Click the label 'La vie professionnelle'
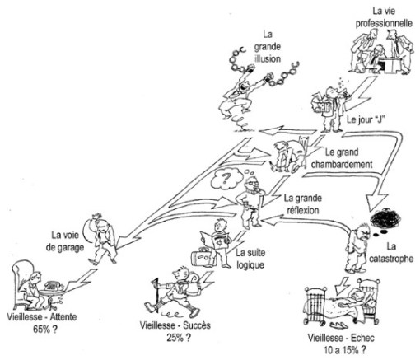pyautogui.click(x=384, y=17)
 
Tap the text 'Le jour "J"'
pyautogui.click(x=365, y=119)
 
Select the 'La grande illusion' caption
pyautogui.click(x=268, y=46)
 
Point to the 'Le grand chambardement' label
pyautogui.click(x=342, y=158)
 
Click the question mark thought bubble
pyautogui.click(x=226, y=179)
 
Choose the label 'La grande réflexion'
pyautogui.click(x=303, y=204)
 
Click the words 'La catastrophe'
pyautogui.click(x=391, y=252)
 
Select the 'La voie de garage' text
pyautogui.click(x=65, y=241)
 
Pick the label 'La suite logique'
pyautogui.click(x=250, y=259)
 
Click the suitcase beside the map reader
pyautogui.click(x=202, y=257)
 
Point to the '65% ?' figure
pyautogui.click(x=45, y=329)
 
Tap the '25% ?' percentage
pyautogui.click(x=179, y=338)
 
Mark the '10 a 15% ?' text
pyautogui.click(x=344, y=350)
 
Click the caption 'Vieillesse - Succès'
pyautogui.click(x=175, y=325)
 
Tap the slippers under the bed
pyautogui.click(x=341, y=325)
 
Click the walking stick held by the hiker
pyautogui.click(x=157, y=295)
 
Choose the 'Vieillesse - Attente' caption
pyautogui.click(x=42, y=317)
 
